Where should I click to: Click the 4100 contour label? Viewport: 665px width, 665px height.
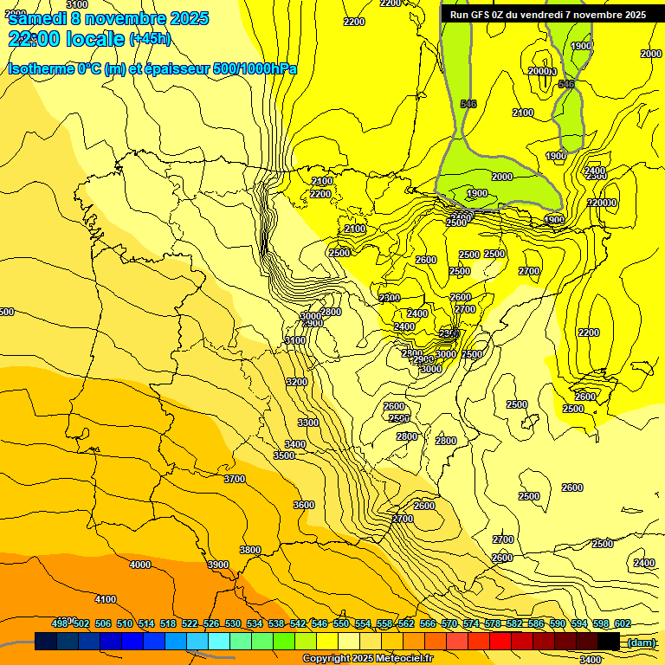106,599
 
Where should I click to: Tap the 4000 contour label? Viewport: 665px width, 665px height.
139,565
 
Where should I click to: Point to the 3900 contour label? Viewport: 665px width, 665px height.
218,565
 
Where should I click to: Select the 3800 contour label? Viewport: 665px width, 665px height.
250,550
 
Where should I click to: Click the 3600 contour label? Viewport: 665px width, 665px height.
304,505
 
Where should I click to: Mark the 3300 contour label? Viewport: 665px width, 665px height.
308,423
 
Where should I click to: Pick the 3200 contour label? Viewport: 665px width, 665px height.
297,382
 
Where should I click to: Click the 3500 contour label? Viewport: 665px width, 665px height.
284,455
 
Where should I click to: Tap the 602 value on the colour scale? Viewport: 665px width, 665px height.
623,623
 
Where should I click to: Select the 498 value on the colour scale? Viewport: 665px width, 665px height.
60,623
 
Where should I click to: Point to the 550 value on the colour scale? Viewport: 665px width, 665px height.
341,623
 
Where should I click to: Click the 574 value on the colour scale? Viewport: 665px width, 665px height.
471,623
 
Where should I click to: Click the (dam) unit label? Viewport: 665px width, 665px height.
642,642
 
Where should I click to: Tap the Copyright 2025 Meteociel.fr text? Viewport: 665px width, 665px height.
367,659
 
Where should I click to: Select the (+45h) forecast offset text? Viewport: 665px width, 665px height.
150,39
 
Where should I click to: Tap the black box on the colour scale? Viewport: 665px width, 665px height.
609,642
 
